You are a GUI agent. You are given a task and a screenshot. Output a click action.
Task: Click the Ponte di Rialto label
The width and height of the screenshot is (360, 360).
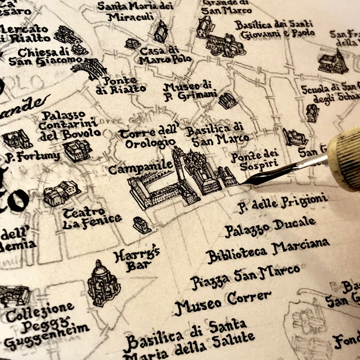click(121, 85)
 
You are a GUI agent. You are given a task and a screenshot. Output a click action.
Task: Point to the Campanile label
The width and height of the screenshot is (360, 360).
click(141, 167)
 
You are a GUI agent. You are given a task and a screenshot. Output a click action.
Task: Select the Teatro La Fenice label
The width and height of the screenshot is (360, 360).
click(92, 218)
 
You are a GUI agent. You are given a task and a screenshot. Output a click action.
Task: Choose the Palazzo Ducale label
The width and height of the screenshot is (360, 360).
click(270, 227)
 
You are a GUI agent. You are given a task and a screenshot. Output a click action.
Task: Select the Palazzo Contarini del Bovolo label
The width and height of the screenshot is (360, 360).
click(68, 126)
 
